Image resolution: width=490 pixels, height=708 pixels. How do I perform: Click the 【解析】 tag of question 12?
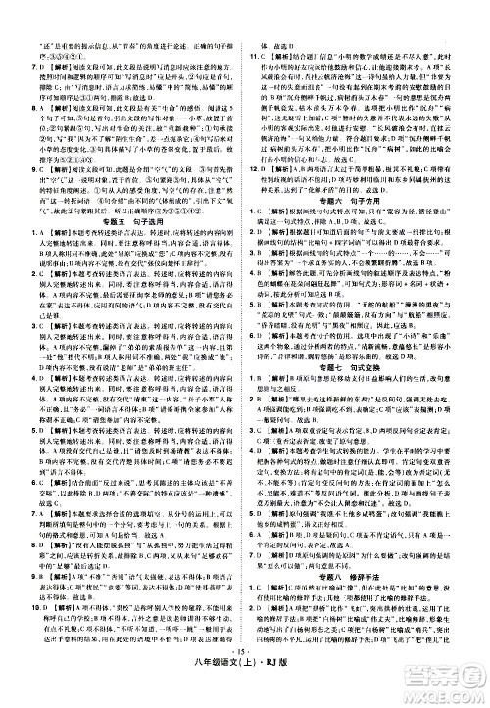tap(284, 140)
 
